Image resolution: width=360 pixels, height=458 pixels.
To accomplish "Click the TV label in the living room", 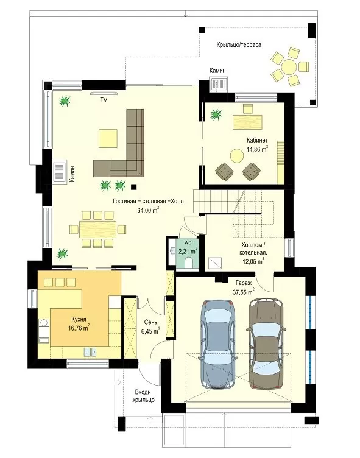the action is point(104,100).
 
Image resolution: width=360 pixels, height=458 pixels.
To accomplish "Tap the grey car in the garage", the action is point(218,344).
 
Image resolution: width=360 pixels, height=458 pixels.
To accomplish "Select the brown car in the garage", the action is point(267,343).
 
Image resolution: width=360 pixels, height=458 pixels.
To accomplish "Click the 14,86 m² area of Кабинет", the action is point(258,150).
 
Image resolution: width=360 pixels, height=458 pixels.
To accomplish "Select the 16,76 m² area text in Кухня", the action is point(79,328).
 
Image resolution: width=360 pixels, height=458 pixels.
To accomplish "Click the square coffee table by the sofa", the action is point(108,139).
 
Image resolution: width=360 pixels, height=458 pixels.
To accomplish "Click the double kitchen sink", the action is point(90,352).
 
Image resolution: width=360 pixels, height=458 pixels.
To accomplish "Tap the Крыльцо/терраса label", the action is point(239,44).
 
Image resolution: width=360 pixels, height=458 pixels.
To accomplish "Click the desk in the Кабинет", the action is point(247,122).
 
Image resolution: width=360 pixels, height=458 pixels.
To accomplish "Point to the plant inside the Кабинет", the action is point(216,114).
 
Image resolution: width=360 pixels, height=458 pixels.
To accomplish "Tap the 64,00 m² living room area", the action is point(148,210).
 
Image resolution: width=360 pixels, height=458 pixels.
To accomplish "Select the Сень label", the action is point(151,322).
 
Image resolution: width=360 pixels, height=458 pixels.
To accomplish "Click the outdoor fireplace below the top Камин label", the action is point(219,84).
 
